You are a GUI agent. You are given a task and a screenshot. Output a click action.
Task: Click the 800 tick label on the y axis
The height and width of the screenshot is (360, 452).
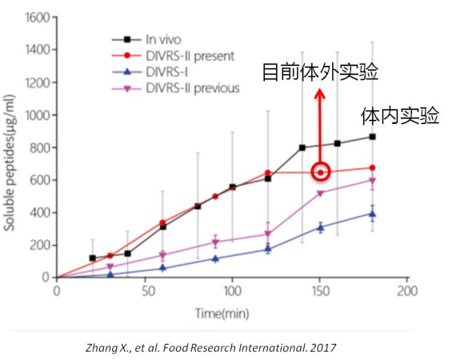(x=39, y=148)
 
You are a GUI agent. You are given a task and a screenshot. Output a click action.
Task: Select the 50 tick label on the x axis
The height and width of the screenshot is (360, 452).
(x=144, y=291)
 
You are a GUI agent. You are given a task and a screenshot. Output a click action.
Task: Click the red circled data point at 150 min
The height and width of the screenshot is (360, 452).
(x=320, y=172)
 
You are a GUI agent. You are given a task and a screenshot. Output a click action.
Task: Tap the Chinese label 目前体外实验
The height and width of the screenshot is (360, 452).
(x=320, y=72)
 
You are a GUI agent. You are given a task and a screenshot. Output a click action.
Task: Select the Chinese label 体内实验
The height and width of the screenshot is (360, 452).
(x=400, y=116)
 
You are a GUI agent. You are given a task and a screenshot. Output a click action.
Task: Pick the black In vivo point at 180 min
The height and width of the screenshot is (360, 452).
(x=372, y=137)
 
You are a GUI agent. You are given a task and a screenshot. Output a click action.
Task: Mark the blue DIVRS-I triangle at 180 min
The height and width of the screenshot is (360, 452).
(x=372, y=214)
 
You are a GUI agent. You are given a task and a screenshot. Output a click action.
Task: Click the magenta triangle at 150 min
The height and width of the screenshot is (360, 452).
(x=320, y=193)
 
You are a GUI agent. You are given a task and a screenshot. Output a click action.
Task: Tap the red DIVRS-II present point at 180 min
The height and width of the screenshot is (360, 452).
(x=372, y=168)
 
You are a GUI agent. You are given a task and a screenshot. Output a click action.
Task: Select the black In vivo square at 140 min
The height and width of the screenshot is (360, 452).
(x=302, y=148)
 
